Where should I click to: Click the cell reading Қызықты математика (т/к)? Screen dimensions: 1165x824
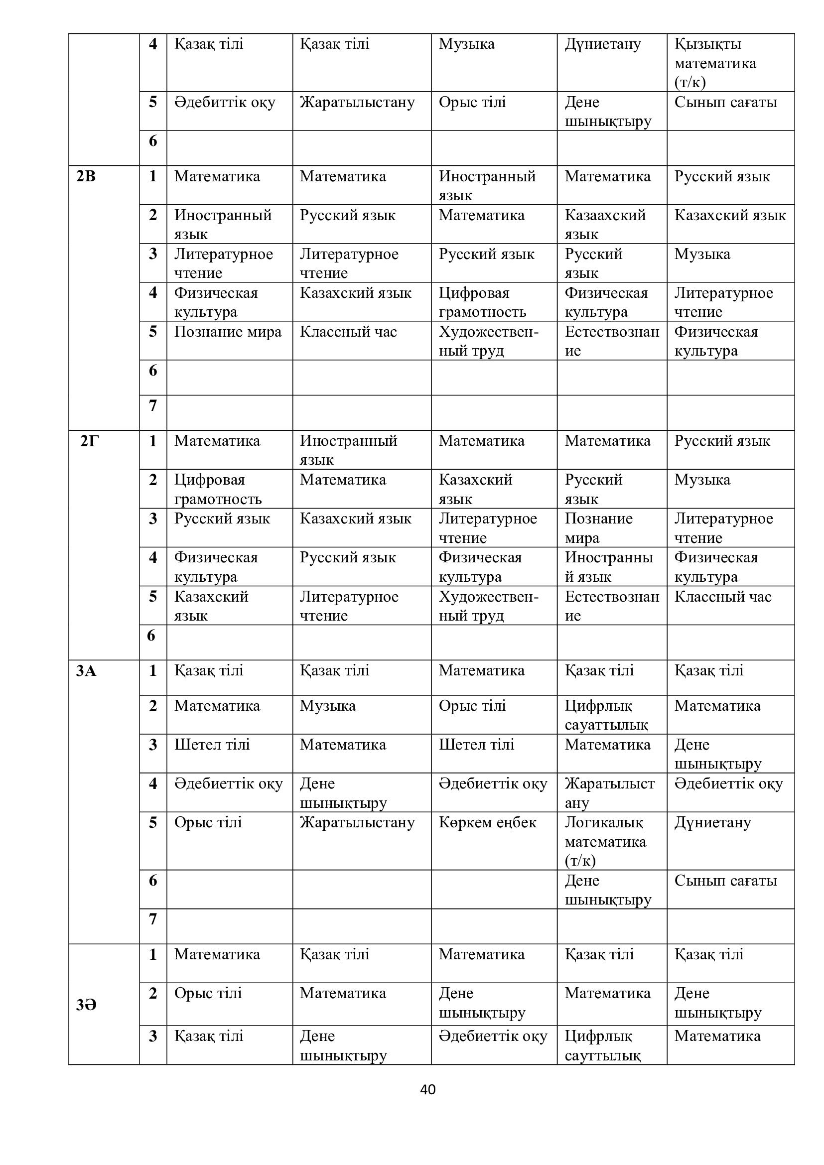[x=715, y=63]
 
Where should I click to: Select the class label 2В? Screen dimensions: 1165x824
[x=86, y=177]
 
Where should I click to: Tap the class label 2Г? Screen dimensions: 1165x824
[x=89, y=441]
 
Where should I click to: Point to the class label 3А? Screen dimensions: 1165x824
[x=86, y=671]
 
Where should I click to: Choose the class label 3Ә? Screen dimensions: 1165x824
[x=86, y=1005]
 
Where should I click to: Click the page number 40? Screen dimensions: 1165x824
[x=428, y=1089]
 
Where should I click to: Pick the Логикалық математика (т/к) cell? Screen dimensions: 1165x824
[x=605, y=841]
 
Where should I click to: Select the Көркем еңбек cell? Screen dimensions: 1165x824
[x=487, y=822]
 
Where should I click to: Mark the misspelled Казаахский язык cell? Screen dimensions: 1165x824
[x=605, y=224]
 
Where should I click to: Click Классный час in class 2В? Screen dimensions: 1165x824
[x=348, y=332]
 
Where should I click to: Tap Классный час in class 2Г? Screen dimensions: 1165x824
[x=722, y=597]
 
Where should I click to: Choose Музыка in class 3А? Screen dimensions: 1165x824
[x=327, y=706]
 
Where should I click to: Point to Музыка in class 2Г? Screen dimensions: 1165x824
[x=702, y=480]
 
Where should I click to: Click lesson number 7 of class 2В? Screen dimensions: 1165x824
[x=153, y=405]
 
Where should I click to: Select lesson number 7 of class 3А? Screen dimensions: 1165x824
[x=153, y=918]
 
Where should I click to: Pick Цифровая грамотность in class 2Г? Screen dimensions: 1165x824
[x=218, y=489]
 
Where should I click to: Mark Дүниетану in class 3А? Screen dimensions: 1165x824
[x=712, y=822]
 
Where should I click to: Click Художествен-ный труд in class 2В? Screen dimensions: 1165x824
[x=488, y=341]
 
